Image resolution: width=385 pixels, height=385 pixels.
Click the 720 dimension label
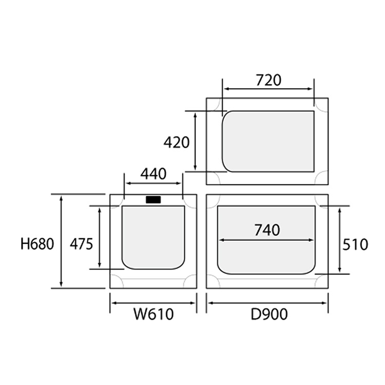pos(268,80)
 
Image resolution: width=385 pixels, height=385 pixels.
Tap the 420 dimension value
pos(176,142)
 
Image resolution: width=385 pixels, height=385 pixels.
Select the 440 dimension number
pos(153,174)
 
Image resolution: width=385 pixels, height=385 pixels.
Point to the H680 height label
pos(37,244)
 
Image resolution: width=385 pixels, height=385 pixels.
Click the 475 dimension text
pos(81,244)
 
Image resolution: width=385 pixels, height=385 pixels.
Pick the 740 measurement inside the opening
pos(267,230)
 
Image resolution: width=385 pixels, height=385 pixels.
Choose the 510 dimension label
pos(355,244)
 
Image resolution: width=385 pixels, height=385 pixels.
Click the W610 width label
pos(153,314)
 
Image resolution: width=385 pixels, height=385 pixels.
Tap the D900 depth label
pos(269,314)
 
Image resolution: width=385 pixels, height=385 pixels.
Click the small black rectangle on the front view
pos(153,200)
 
